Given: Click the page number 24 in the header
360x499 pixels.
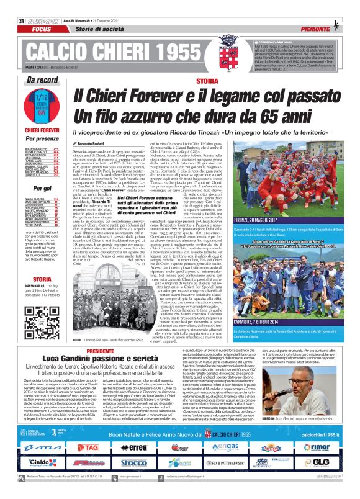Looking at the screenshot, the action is pos(13,4).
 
